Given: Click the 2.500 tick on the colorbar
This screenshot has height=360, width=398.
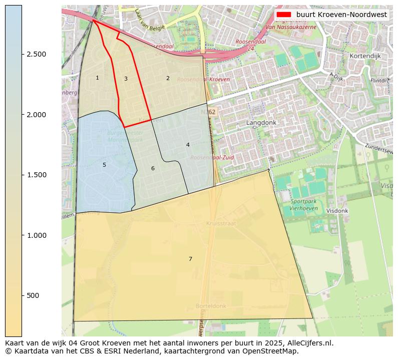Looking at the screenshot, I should [36, 54].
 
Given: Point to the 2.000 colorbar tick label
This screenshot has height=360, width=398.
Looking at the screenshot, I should [36, 115].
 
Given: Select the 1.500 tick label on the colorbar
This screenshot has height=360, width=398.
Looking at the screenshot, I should [36, 175].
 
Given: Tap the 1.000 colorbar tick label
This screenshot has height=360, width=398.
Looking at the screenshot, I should [36, 235].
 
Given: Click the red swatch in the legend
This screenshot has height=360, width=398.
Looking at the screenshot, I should [283, 15].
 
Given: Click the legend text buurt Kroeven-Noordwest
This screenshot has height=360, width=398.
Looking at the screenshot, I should [341, 15].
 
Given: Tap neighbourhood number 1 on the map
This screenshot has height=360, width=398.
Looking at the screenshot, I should [97, 78].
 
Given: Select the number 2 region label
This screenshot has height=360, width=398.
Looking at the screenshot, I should [168, 78].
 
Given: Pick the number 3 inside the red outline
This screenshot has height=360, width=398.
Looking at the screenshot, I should [126, 79].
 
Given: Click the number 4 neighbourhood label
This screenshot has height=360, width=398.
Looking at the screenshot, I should [188, 145].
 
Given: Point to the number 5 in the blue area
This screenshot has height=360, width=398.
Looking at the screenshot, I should [104, 165].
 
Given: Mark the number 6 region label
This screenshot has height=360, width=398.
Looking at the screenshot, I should [153, 168].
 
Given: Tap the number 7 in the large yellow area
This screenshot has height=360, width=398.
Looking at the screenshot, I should [190, 259].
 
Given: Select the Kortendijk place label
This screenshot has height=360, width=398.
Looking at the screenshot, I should [366, 56].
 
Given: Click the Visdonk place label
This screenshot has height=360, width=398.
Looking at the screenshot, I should [337, 211].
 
